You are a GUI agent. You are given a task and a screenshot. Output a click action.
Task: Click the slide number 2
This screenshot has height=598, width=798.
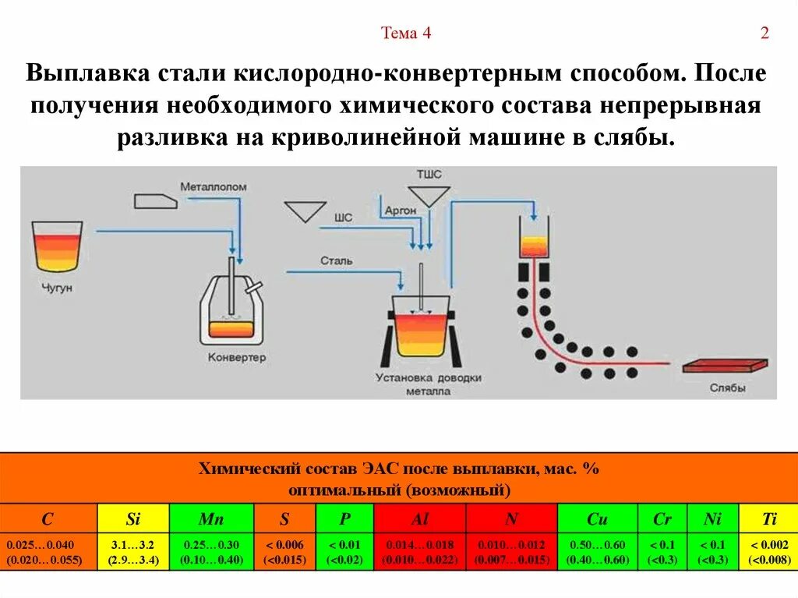tap(764, 33)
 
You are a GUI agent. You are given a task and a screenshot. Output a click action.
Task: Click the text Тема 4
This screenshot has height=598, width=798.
tap(405, 33)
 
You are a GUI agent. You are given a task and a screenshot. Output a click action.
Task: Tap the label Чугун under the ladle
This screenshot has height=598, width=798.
tap(56, 288)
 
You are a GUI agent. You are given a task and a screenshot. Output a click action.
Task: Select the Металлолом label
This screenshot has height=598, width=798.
tap(214, 187)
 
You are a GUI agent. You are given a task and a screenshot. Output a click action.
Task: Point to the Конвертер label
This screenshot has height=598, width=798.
tap(237, 358)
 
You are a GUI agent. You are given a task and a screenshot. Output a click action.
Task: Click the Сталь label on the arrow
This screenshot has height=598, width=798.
tap(336, 260)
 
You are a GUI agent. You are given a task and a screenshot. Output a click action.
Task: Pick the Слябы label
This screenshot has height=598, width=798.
tap(728, 387)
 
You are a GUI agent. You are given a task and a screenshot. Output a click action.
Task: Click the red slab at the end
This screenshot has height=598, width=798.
tap(725, 366)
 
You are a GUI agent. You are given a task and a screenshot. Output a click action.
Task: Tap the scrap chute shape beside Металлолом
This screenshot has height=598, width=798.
tap(156, 200)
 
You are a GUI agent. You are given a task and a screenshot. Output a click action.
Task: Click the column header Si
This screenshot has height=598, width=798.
tap(132, 518)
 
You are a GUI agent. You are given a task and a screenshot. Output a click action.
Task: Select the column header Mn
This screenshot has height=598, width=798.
tap(210, 518)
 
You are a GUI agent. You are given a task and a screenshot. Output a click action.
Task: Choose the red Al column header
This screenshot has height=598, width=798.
tap(419, 518)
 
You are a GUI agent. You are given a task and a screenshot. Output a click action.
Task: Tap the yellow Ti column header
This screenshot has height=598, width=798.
tap(768, 518)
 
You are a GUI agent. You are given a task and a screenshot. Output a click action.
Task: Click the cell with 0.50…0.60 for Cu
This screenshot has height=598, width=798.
tap(598, 552)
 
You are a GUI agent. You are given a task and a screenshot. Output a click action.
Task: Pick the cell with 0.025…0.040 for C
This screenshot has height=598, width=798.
tap(48, 552)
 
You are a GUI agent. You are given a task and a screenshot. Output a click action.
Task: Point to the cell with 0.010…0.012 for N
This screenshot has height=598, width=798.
tap(511, 552)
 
